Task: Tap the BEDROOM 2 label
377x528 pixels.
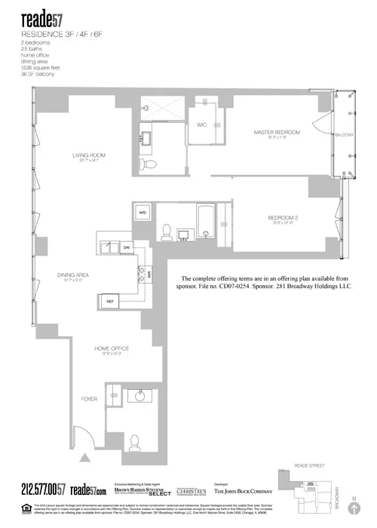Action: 283,218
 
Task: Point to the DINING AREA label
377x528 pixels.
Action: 73,275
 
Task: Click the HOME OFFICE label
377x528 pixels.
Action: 112,348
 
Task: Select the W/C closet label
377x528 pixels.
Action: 202,124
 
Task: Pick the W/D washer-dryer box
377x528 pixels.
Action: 143,213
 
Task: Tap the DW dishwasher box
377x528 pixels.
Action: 127,247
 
